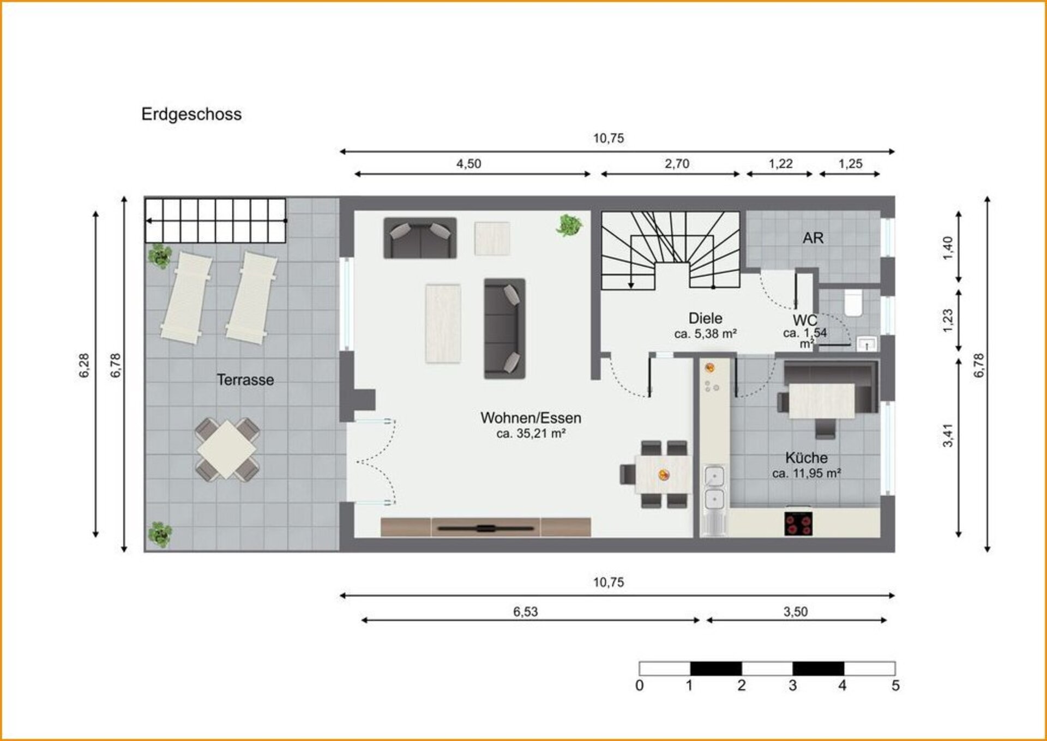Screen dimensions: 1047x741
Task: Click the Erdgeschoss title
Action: coord(191,114)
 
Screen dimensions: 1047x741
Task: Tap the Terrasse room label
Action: coord(245,380)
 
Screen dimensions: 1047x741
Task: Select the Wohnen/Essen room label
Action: coord(531,418)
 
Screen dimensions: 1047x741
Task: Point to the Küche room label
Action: coord(806,458)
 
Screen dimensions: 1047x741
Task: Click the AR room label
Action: coord(813,238)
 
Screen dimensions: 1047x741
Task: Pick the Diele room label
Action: coord(705,318)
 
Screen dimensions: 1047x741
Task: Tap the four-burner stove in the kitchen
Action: coord(798,524)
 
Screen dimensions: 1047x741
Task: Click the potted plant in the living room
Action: coord(569,224)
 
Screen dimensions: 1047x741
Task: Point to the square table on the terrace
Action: coord(227,449)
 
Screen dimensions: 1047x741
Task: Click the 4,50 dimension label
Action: coord(468,163)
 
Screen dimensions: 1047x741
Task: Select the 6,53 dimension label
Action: coord(525,611)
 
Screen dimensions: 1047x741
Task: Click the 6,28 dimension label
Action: coord(84,365)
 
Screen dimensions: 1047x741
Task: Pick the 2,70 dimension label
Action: coord(677,163)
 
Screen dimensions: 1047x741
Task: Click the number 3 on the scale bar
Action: coord(792,685)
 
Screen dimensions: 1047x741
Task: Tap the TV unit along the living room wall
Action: coord(485,527)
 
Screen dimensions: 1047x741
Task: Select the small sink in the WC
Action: coord(867,344)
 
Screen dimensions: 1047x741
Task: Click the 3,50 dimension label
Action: coord(796,611)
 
